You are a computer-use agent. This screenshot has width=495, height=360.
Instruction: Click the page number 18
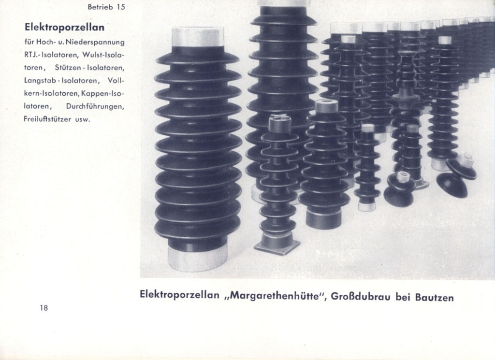[44, 307]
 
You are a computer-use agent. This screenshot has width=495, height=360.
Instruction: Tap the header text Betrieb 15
[106, 7]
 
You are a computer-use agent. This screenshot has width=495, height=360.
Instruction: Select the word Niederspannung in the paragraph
[98, 42]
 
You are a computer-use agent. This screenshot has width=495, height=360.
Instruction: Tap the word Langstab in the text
[39, 80]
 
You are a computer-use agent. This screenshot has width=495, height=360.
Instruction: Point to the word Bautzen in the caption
[434, 297]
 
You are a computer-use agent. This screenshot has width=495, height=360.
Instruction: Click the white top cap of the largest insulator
[198, 37]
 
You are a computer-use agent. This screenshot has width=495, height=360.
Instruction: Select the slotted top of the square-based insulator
[279, 124]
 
